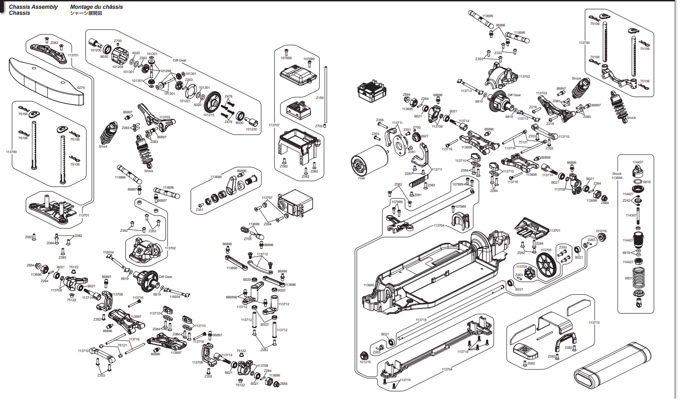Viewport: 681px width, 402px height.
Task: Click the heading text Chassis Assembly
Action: point(33,7)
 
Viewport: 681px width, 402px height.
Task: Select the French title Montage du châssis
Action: point(96,7)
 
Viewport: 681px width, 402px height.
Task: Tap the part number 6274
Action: point(81,87)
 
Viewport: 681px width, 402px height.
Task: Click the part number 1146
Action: point(361,178)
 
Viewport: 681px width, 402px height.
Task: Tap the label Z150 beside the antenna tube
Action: point(319,98)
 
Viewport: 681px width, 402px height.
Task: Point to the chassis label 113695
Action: point(368,285)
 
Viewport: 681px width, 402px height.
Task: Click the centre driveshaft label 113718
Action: point(421,320)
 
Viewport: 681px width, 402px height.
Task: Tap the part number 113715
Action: point(594,322)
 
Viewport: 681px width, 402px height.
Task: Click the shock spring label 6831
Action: point(628,278)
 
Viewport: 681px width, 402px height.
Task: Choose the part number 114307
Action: point(631,215)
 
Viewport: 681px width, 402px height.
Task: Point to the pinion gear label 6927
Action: point(424,136)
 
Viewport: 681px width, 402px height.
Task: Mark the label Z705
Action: point(248,239)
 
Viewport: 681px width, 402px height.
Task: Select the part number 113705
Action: point(546,250)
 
